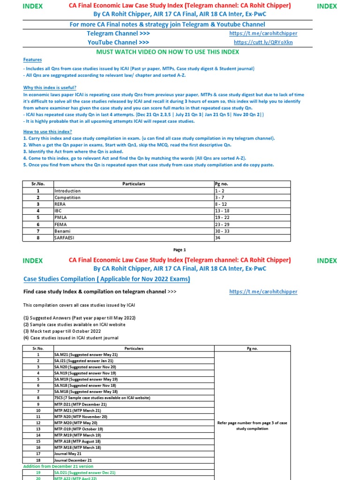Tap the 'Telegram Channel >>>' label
click(112, 33)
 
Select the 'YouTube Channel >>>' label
click(112, 42)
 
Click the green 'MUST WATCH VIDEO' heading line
click(167, 51)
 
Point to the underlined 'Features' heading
click(33, 60)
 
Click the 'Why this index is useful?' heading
click(50, 88)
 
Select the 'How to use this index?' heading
click(47, 132)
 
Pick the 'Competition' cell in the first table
click(67, 198)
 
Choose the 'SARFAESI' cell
click(65, 238)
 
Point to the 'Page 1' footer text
click(180, 250)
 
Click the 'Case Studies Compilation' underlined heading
click(107, 279)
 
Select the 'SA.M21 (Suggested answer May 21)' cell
click(86, 355)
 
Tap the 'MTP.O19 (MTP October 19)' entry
click(79, 429)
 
